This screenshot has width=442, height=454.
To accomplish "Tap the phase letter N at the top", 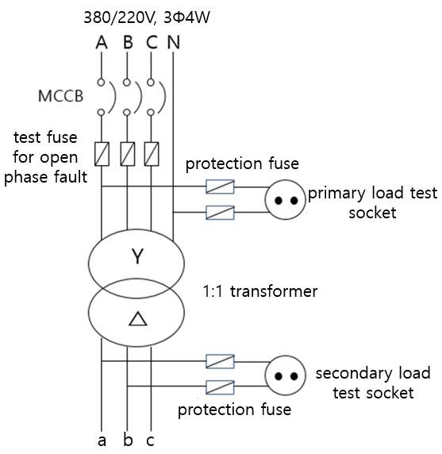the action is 173,43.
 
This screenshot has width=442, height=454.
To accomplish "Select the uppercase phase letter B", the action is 128,43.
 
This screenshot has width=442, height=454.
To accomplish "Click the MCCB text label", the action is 61,96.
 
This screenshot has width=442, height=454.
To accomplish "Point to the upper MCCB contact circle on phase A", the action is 101,83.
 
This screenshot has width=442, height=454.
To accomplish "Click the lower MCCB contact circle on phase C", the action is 151,113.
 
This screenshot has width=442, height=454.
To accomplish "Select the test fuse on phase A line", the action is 102,154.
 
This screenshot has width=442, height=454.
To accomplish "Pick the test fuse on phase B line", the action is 127,154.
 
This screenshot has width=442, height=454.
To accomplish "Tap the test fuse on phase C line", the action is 152,154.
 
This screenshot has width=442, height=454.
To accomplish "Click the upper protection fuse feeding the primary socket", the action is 220,187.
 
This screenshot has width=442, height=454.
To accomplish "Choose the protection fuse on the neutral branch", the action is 220,213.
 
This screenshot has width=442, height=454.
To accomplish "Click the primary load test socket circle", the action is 286,200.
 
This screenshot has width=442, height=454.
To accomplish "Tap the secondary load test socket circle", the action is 286,375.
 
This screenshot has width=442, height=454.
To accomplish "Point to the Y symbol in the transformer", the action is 137,256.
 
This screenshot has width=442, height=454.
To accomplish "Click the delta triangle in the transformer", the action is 138,319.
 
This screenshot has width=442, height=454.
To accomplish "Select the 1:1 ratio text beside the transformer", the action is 213,291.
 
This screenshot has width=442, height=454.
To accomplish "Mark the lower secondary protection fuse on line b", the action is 220,387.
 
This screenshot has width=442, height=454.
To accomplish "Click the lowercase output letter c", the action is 150,441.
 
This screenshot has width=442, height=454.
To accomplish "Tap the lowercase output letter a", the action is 102,441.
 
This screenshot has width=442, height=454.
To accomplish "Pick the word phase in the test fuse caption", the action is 25,178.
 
